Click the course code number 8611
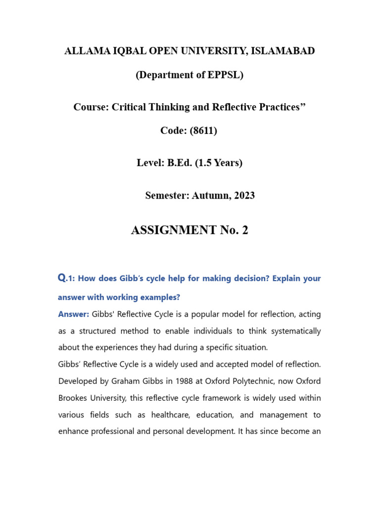[202, 131]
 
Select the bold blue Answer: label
[74, 314]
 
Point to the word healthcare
[176, 415]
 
